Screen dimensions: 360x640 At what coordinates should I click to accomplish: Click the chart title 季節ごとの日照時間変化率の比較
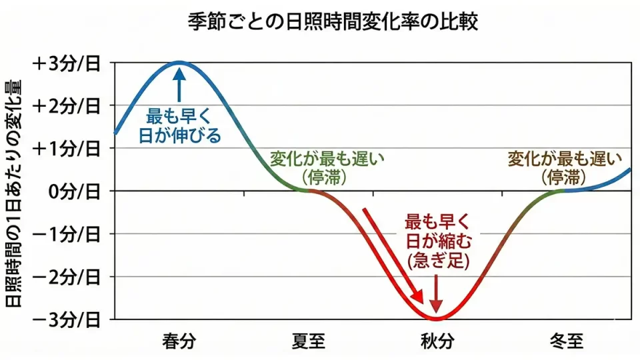[320, 22]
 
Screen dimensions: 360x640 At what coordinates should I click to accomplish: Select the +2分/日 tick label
[66, 105]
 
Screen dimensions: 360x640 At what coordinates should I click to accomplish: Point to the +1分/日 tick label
[66, 148]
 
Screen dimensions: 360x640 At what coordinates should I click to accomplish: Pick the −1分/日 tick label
[66, 233]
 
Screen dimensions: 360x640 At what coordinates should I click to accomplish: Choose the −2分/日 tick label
[66, 276]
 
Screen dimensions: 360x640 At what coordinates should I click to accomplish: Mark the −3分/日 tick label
[66, 319]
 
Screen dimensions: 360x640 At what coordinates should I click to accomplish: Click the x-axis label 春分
[179, 342]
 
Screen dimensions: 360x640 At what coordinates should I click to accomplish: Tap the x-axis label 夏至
[309, 342]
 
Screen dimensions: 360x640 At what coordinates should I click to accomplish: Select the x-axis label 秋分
[437, 342]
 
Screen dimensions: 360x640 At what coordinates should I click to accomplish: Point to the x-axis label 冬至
[567, 342]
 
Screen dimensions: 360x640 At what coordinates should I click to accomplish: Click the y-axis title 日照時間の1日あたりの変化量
[14, 193]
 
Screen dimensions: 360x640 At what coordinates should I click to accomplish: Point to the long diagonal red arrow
[393, 256]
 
